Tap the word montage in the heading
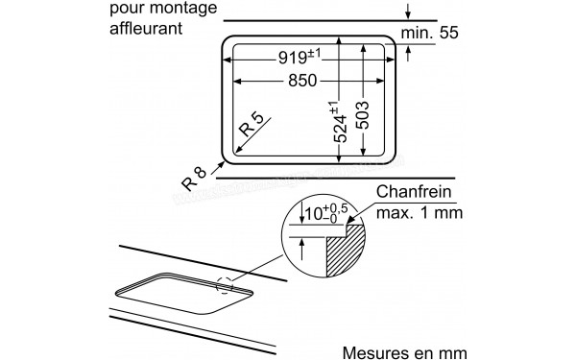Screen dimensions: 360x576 pos(188,11)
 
